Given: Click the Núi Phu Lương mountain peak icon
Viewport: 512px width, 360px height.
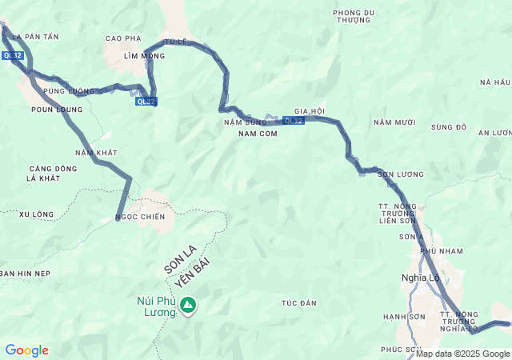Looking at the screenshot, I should tap(188, 306).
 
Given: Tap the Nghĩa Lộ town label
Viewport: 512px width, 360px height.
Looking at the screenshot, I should tap(420, 278).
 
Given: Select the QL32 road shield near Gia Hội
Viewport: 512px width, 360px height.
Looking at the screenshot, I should tap(293, 121).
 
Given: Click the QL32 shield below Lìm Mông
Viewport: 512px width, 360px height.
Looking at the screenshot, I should tap(146, 102).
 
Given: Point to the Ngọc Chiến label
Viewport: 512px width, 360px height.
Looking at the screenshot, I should tap(140, 217).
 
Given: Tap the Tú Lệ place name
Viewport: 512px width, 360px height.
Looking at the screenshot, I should tap(175, 42).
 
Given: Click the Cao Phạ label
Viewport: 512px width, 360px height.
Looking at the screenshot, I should tap(123, 38).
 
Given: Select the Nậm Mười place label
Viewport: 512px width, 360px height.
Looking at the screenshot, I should tap(394, 122).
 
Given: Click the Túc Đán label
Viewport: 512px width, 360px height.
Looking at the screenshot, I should tap(299, 303).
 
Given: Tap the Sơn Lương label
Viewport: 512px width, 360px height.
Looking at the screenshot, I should tap(401, 174).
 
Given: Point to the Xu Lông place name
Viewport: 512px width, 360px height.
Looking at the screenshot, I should tap(36, 214).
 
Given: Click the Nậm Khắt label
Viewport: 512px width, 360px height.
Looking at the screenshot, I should tap(96, 152).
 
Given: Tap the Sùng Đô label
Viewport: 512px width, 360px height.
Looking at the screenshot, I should tap(448, 127).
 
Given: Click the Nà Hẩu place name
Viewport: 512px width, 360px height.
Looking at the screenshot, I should tap(494, 82).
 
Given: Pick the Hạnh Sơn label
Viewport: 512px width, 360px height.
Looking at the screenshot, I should tap(402, 317).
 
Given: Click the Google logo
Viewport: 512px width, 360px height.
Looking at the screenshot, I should tap(26, 350).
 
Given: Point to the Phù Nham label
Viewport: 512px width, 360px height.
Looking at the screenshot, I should tap(442, 251).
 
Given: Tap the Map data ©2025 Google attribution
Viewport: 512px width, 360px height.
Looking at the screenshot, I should tap(462, 354).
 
